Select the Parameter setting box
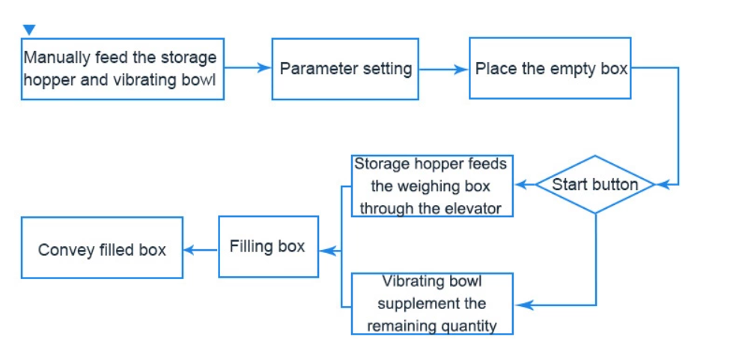click(345, 69)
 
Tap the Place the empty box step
click(550, 68)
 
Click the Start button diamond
click(595, 185)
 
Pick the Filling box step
click(269, 246)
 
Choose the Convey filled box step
click(102, 248)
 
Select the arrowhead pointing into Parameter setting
click(264, 67)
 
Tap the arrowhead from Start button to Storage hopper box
click(520, 185)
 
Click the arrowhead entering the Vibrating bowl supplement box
click(522, 305)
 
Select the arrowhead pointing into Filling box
click(326, 251)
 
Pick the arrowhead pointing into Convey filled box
click(191, 249)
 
